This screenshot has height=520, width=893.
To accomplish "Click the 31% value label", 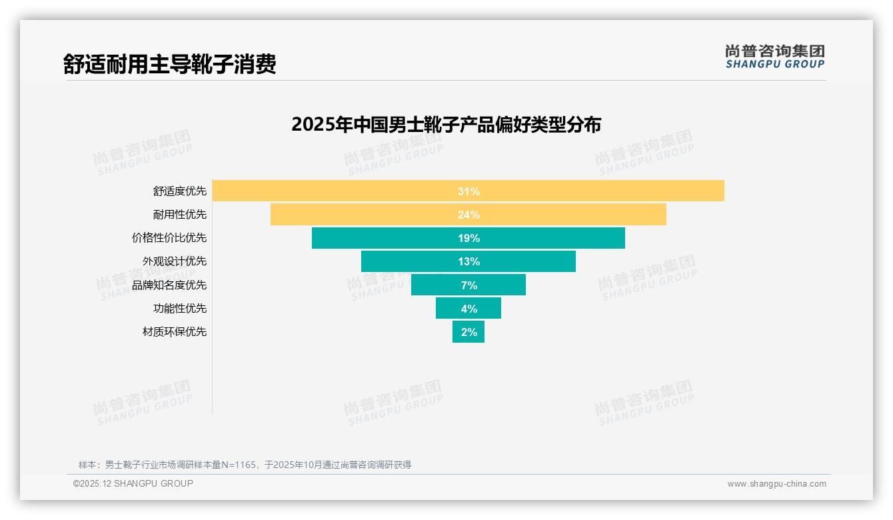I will point(468,191).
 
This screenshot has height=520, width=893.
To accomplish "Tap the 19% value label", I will point(468,238).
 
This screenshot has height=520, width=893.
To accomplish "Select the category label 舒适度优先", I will point(180,191).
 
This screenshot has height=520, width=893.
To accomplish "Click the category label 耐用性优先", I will point(180,215).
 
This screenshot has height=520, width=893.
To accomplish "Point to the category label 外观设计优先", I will point(175,261).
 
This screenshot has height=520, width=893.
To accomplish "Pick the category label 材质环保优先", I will point(175,331).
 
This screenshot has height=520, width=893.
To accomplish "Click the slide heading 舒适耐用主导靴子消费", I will point(169,64).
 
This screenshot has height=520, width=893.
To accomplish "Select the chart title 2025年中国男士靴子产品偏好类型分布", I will point(446,125).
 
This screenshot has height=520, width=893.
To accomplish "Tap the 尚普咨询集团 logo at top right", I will point(774,57).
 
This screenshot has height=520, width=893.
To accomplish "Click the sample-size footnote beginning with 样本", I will point(245,465).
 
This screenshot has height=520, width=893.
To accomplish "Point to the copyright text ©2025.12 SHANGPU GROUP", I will point(133,483).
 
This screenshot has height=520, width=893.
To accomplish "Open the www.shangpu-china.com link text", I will point(776,484).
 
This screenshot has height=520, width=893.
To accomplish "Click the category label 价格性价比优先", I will point(169,238).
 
